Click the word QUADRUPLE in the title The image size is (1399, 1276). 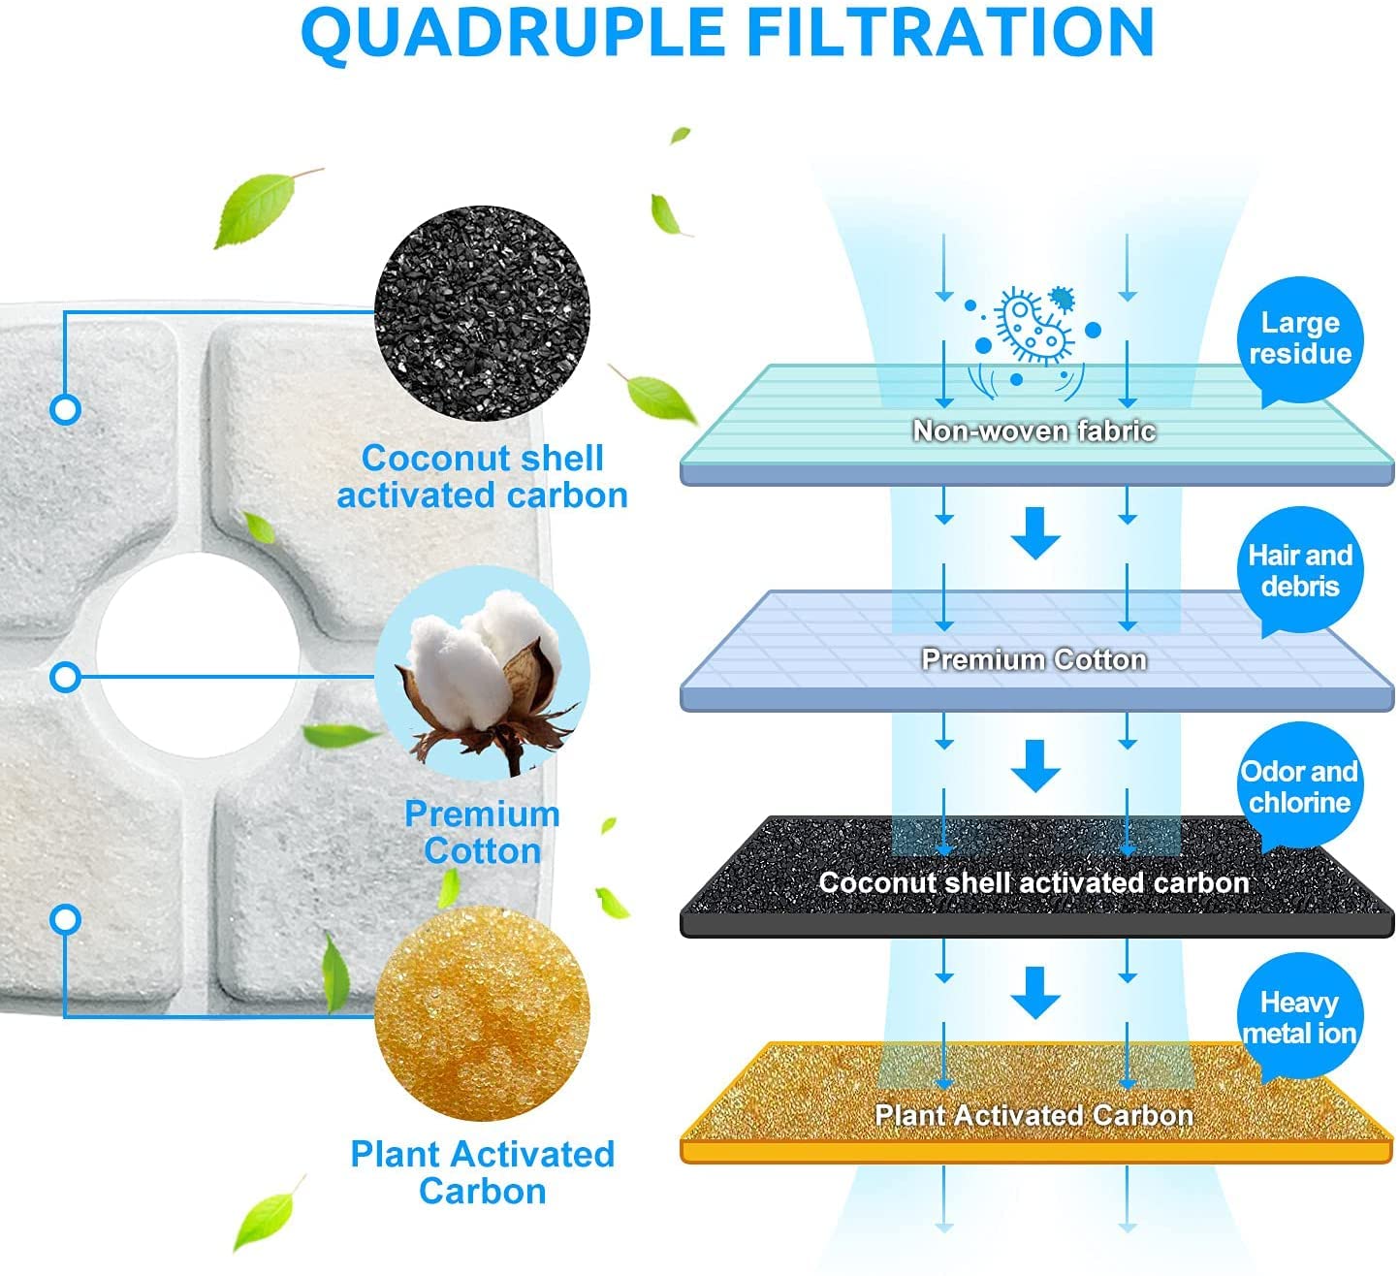click(x=513, y=33)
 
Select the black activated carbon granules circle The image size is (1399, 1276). click(x=482, y=313)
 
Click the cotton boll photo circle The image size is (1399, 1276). click(x=482, y=673)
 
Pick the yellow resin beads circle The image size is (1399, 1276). click(x=482, y=1013)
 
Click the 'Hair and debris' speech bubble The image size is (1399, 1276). click(x=1300, y=571)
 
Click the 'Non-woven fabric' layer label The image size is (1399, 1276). click(x=1034, y=431)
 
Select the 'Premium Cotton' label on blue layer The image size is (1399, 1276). click(x=1034, y=660)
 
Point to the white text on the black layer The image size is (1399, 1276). click(x=1034, y=883)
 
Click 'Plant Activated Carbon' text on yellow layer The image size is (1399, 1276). click(x=1034, y=1116)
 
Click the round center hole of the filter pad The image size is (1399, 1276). click(x=199, y=655)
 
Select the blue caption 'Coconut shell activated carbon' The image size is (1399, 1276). click(x=482, y=477)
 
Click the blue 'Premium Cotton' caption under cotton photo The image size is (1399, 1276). click(x=482, y=832)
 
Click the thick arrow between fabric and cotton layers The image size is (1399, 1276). click(x=1035, y=533)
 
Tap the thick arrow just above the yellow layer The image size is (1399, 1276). click(x=1035, y=993)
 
